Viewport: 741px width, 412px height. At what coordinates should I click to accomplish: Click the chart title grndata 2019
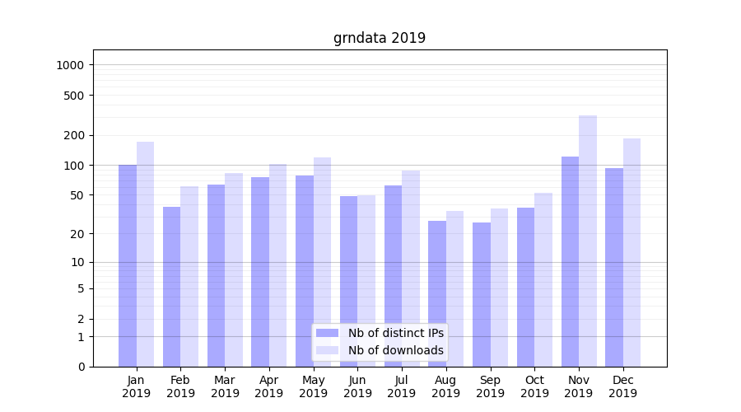tap(379, 38)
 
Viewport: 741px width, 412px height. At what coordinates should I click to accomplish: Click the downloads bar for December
tap(631, 252)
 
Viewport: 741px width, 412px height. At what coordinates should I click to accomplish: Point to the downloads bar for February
tap(189, 276)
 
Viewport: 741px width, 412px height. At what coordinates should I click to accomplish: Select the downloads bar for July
tap(410, 268)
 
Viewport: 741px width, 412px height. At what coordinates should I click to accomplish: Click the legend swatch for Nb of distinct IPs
tap(327, 333)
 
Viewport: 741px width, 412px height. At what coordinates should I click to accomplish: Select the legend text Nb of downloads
tap(395, 350)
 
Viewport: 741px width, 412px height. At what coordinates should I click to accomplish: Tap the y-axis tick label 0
tap(81, 367)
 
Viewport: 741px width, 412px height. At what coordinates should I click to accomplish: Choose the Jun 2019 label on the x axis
tap(357, 386)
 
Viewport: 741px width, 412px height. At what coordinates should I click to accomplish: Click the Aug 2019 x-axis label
tap(446, 386)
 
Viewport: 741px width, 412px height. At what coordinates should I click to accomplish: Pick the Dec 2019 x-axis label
tap(622, 386)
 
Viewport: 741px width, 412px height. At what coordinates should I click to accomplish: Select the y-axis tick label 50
tap(77, 195)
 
